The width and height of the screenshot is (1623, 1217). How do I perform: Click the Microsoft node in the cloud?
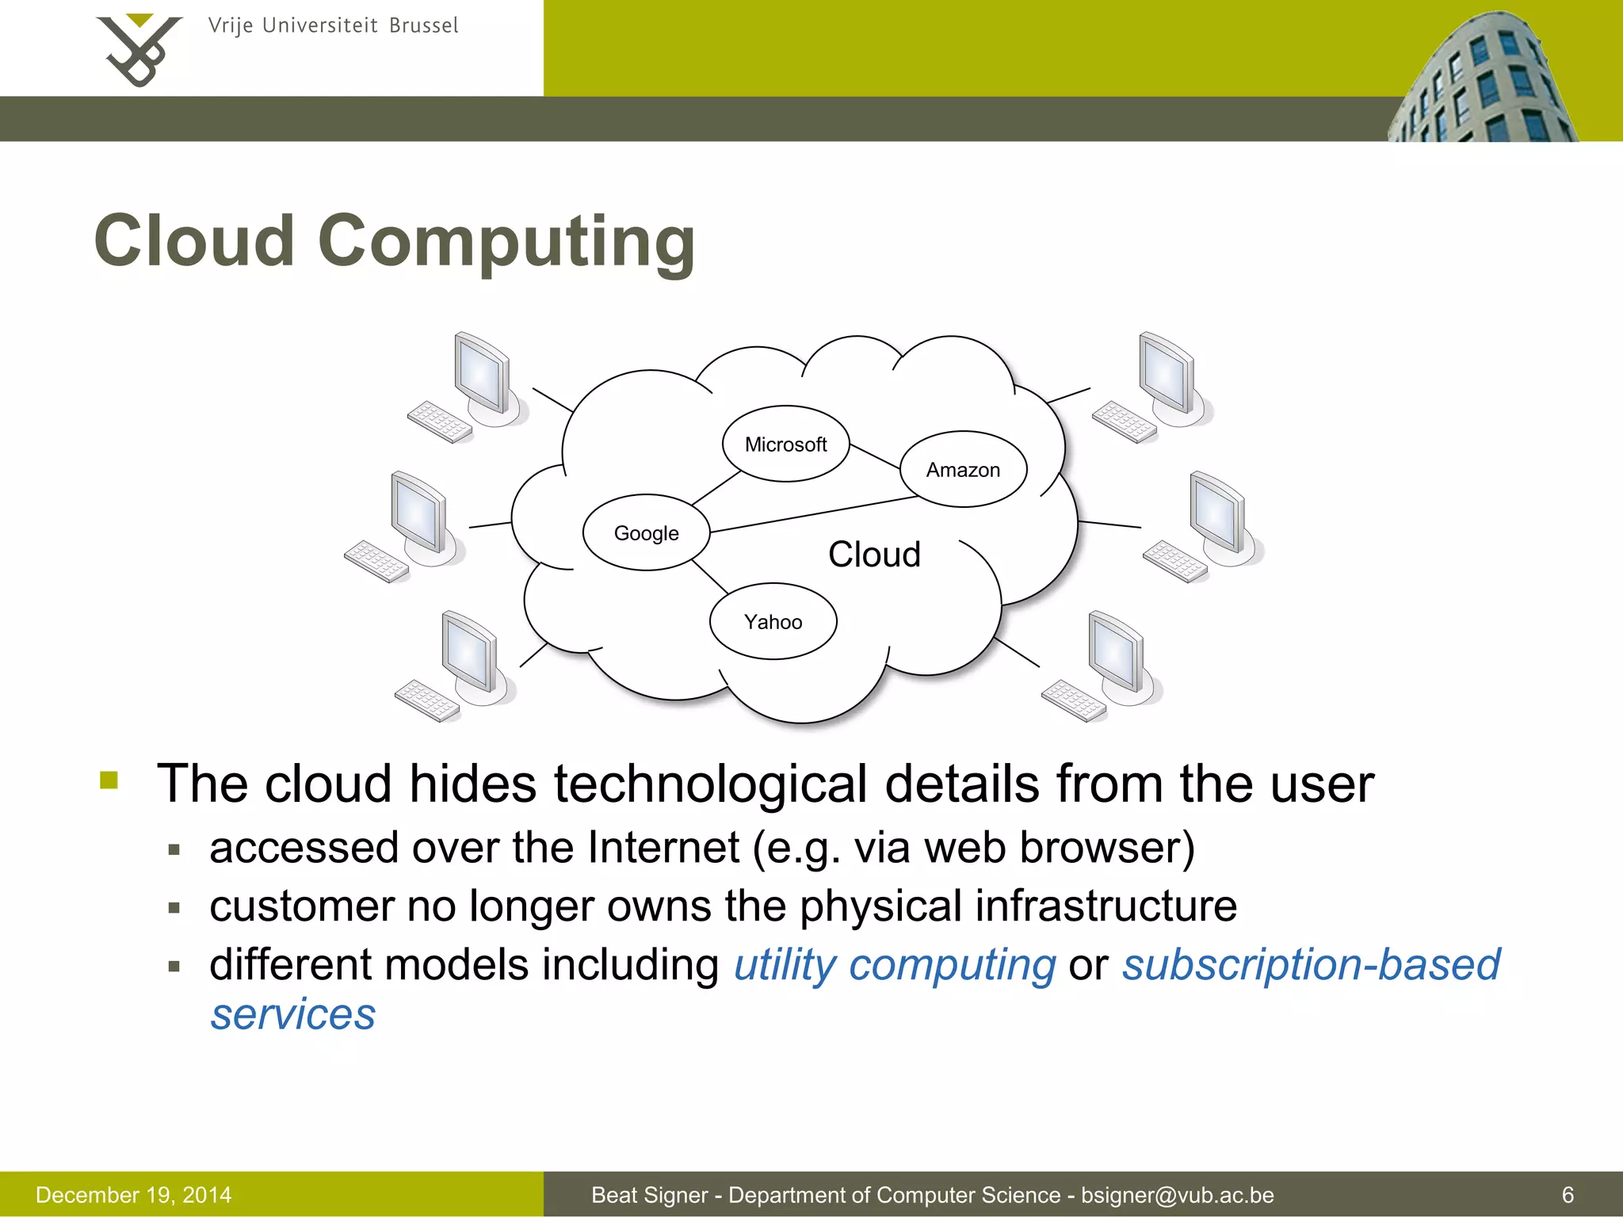pos(785,444)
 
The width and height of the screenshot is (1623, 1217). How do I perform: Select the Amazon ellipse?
pos(963,469)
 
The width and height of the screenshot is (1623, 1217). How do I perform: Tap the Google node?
pos(646,532)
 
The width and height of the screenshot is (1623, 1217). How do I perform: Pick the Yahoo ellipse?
pos(773,621)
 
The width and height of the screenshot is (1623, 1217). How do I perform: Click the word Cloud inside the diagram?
pos(874,554)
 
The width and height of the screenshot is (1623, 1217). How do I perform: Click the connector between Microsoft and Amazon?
pos(875,457)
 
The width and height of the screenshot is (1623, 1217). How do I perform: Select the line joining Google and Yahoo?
pos(710,577)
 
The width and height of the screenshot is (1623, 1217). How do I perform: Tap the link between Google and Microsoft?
pos(716,488)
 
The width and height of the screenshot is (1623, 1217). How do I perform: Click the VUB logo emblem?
pos(138,49)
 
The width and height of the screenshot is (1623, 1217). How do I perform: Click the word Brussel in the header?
pos(423,26)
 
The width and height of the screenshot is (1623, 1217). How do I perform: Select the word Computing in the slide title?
pos(506,242)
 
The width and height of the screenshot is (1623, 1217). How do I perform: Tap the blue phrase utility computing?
pos(895,965)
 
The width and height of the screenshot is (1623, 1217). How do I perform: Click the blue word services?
pos(293,1014)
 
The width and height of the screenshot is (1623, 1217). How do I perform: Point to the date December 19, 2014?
pos(134,1195)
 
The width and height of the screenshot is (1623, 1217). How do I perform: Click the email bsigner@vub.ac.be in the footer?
pos(1178,1195)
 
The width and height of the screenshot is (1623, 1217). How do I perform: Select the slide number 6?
pos(1568,1195)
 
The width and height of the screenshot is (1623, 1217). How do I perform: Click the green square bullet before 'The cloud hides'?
pos(109,780)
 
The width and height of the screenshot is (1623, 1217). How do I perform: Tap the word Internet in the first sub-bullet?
pos(663,847)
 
